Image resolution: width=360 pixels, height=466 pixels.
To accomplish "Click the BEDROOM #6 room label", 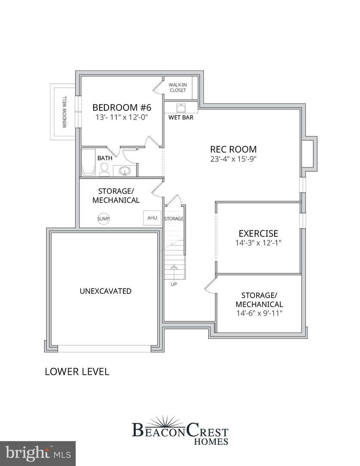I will coord(122,107).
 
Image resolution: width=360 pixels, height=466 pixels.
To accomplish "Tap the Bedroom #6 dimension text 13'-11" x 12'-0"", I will coord(122,117).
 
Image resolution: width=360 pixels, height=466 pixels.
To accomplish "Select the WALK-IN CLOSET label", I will coord(177,88).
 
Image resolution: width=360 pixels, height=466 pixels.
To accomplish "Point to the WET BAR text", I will coord(181,117).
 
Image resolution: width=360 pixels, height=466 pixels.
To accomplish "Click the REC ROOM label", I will coord(233,149).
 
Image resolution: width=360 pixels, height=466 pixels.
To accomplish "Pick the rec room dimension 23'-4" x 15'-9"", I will coord(233,159).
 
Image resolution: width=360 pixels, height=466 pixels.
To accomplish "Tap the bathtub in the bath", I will coord(88,163).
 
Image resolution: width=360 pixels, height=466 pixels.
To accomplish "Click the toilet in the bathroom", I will coord(104,170).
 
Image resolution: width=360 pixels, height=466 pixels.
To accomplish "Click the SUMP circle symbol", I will coord(103,219).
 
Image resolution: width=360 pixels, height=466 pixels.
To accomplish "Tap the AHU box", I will coord(152,218).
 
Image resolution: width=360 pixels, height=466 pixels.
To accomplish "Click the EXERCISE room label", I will coord(258,233).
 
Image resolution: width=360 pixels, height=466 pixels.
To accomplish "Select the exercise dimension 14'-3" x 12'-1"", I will coord(258,243).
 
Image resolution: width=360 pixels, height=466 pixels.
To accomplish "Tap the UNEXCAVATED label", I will coord(106,291).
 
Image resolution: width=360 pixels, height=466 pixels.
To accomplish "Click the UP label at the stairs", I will coord(174,283).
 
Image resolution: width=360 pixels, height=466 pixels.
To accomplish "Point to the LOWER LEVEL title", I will coord(77,372).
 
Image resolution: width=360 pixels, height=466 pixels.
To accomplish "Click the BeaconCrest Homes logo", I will coord(180,430).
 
